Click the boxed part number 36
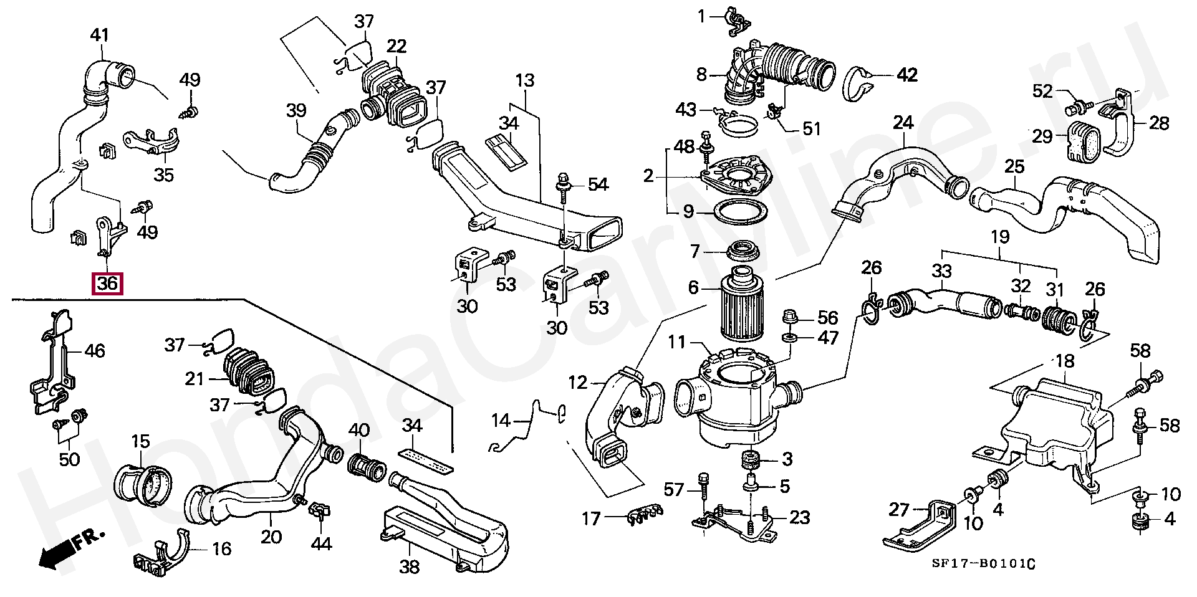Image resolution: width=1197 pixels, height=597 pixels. [x=107, y=284]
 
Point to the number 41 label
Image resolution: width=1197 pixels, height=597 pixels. [x=100, y=35]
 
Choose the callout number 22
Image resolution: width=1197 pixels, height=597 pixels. [x=396, y=46]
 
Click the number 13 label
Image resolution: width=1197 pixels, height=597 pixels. [x=525, y=80]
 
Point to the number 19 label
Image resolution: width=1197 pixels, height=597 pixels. [x=1000, y=236]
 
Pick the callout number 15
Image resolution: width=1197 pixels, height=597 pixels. [x=140, y=442]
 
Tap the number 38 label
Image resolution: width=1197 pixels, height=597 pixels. [x=409, y=567]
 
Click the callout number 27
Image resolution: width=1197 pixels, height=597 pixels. [x=899, y=510]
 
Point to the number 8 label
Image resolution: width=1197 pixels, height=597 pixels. [x=701, y=75]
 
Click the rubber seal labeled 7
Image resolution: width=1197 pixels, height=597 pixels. [x=743, y=252]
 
